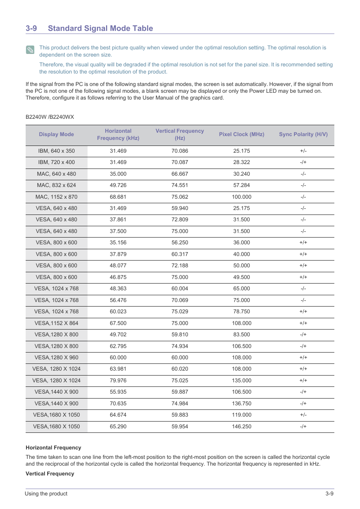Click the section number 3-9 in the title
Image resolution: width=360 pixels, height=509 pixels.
(x=31, y=28)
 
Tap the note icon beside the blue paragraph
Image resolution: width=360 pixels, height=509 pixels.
(x=30, y=50)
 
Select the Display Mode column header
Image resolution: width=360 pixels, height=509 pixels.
(x=56, y=134)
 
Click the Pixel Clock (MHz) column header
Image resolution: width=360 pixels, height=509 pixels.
(x=242, y=134)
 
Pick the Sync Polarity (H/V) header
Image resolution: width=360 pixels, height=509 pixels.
(x=303, y=134)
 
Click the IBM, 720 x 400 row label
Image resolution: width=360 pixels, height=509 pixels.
(x=56, y=162)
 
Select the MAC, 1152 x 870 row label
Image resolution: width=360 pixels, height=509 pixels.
(x=56, y=197)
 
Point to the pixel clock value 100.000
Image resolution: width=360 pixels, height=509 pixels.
(x=242, y=197)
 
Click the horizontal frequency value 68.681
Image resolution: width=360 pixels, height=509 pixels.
(x=118, y=197)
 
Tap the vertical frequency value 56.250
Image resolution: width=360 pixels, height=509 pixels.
(x=180, y=242)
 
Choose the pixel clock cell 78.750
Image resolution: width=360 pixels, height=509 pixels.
(x=242, y=311)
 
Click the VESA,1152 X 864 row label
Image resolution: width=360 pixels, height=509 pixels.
(x=56, y=323)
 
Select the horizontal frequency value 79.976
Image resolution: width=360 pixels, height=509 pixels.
(x=118, y=380)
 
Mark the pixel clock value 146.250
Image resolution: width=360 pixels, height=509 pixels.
(x=242, y=426)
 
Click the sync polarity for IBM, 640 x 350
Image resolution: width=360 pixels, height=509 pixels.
(x=303, y=151)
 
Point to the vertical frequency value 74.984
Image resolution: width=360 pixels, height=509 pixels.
(x=180, y=403)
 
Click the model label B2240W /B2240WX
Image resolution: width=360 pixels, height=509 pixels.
(x=50, y=117)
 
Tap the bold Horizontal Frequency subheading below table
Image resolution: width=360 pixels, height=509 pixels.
(x=53, y=448)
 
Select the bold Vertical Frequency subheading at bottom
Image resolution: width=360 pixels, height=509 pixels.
(x=50, y=474)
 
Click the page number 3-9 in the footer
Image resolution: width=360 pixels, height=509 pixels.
(x=329, y=494)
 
